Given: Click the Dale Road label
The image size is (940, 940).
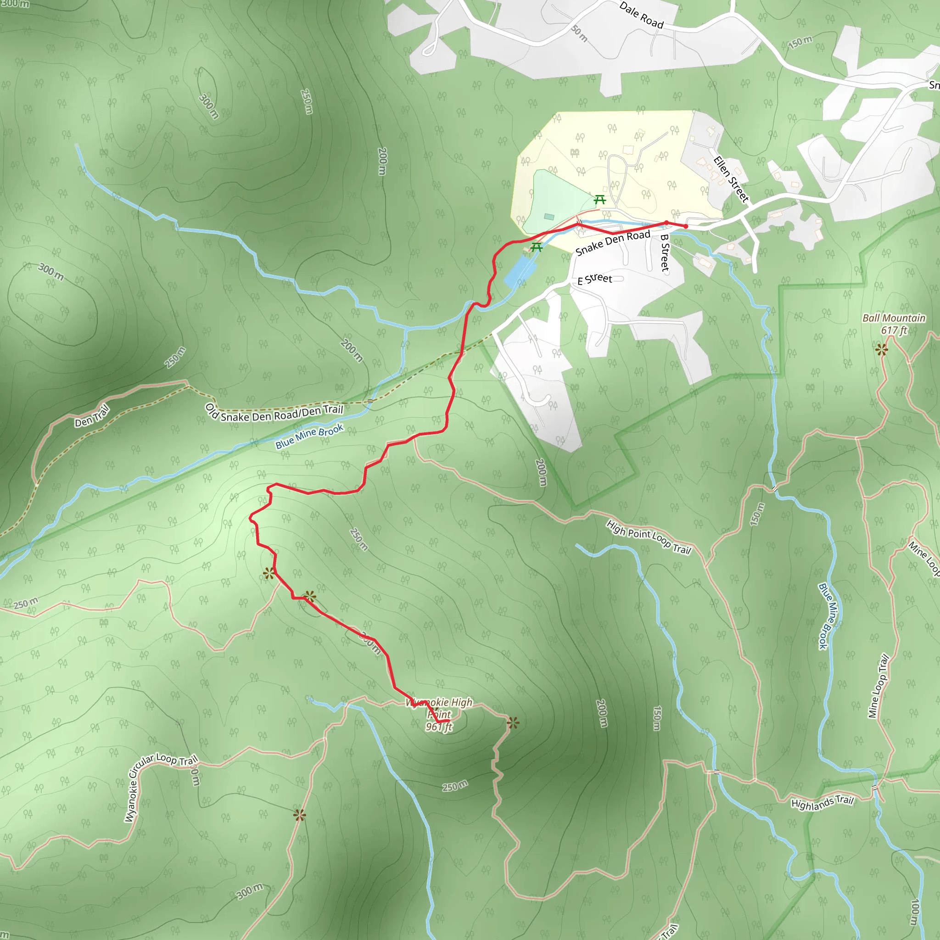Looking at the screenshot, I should (641, 15).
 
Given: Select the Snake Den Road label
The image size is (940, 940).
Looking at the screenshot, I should (613, 243).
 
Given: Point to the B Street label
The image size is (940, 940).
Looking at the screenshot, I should (665, 253).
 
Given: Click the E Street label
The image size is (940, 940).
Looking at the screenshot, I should (594, 279).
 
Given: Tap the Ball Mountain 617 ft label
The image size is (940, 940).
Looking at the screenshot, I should (894, 324).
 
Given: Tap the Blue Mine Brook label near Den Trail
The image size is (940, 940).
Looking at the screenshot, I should (309, 436).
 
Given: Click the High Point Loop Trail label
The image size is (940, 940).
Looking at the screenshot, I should (649, 537).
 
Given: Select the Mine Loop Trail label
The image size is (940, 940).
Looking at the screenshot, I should (878, 687).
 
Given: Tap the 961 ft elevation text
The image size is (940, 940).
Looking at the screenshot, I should (439, 727).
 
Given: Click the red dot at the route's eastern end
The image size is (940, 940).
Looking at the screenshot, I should (686, 226).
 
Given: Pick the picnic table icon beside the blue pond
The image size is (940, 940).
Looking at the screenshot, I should (536, 247).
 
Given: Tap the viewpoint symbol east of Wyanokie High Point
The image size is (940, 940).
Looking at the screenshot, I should (513, 722).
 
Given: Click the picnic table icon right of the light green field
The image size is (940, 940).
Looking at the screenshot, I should (600, 200).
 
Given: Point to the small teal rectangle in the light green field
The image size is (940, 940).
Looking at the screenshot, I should (549, 217).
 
